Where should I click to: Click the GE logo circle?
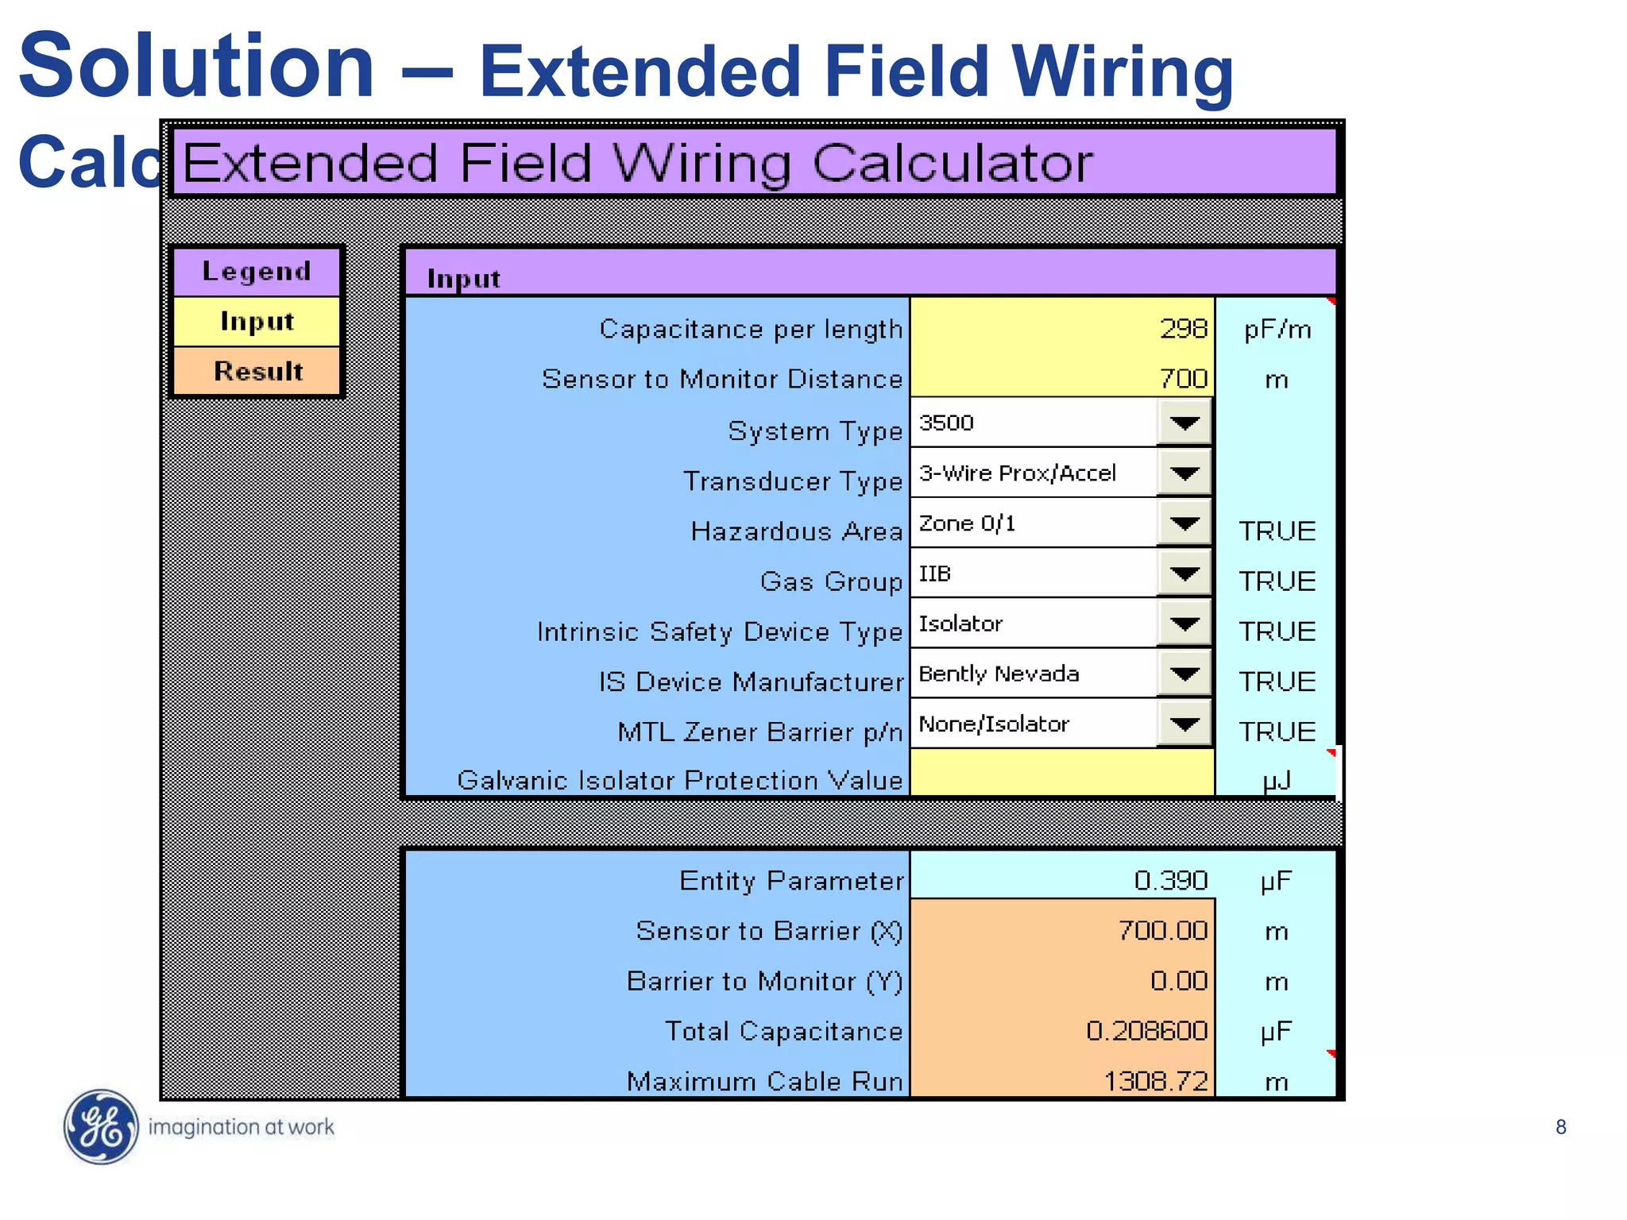[101, 1126]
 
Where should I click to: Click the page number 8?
[1560, 1127]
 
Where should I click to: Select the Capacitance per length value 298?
[1183, 329]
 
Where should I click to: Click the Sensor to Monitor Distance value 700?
[1183, 379]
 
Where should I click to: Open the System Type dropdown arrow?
[1184, 423]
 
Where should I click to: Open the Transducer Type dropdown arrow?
[1184, 473]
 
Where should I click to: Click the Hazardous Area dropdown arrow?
[1184, 523]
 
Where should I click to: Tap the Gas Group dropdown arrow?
[1184, 573]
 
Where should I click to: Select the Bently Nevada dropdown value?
[999, 674]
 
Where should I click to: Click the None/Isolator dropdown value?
[994, 724]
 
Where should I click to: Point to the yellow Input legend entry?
[257, 322]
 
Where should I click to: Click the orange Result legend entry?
[257, 371]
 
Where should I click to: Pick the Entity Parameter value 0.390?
[1170, 880]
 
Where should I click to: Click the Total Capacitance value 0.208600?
[1146, 1031]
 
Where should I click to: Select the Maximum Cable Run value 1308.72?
[1156, 1081]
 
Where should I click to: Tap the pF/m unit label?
[1277, 329]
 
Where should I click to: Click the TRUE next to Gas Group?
[1277, 581]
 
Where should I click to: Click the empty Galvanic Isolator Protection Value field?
[1061, 773]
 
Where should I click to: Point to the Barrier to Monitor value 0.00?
[1179, 981]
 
